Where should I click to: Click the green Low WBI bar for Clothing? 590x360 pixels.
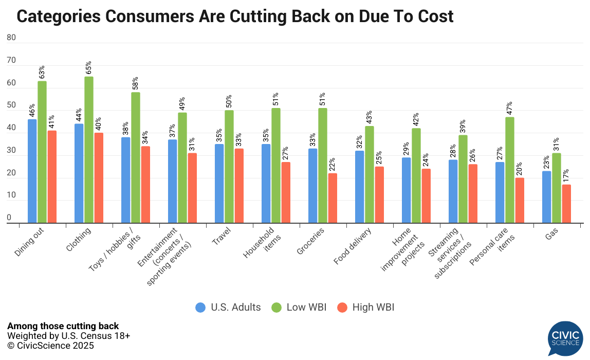(89, 150)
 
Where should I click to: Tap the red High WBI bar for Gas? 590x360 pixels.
(566, 204)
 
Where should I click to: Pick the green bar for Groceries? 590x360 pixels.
(323, 166)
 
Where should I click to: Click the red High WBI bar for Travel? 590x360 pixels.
(239, 186)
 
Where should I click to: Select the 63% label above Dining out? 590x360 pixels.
(42, 73)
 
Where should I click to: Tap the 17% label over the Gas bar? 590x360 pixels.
(566, 176)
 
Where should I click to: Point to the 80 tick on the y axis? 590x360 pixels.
(11, 38)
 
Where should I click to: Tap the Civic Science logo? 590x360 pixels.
(565, 338)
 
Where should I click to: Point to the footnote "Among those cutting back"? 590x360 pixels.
(63, 326)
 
